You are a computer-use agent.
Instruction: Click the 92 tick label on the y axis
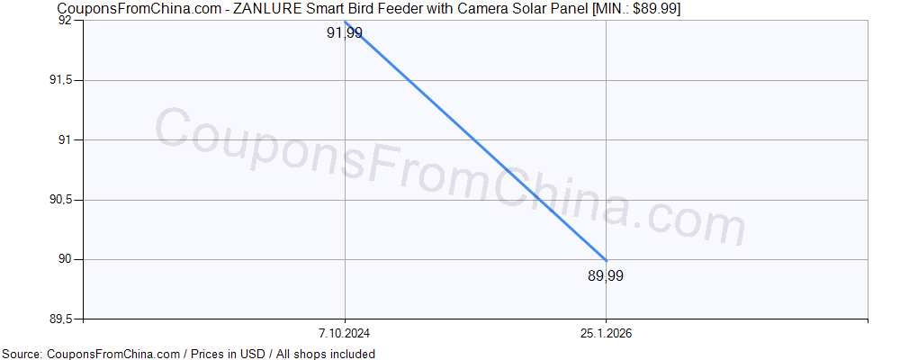click(67, 21)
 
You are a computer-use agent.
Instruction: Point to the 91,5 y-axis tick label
click(64, 80)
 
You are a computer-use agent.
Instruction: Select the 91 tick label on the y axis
click(67, 139)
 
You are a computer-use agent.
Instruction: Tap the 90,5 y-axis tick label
click(64, 200)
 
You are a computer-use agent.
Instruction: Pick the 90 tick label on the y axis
click(67, 259)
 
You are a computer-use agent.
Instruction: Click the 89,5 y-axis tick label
click(64, 319)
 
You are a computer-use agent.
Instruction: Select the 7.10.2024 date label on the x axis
click(346, 333)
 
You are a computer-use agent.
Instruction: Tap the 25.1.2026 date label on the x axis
click(606, 333)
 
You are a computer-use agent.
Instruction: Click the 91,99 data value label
click(344, 34)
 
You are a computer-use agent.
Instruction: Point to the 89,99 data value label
click(605, 275)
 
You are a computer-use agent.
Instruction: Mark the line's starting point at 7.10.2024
click(346, 22)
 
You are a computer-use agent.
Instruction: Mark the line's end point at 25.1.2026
click(606, 260)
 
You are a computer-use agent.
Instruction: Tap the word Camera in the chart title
click(485, 8)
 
